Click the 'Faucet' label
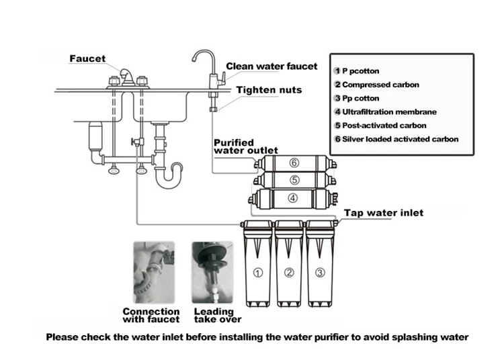[x=88, y=59]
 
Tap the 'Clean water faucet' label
[x=271, y=66]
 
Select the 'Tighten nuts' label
[x=269, y=90]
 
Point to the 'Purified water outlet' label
[x=245, y=146]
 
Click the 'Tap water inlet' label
[x=384, y=213]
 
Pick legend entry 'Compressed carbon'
[x=380, y=85]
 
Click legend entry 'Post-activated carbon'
[x=384, y=125]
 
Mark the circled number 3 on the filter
[x=320, y=273]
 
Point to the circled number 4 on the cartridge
[x=293, y=198]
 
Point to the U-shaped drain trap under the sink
[x=168, y=176]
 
